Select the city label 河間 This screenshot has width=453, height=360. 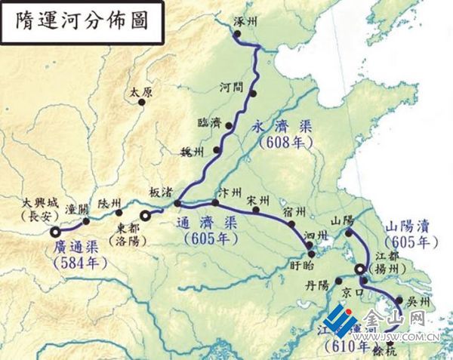(232, 87)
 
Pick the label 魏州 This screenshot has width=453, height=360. (195, 152)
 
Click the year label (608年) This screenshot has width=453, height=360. (281, 141)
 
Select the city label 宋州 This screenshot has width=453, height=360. (258, 201)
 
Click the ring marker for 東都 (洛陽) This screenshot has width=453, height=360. (147, 217)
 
